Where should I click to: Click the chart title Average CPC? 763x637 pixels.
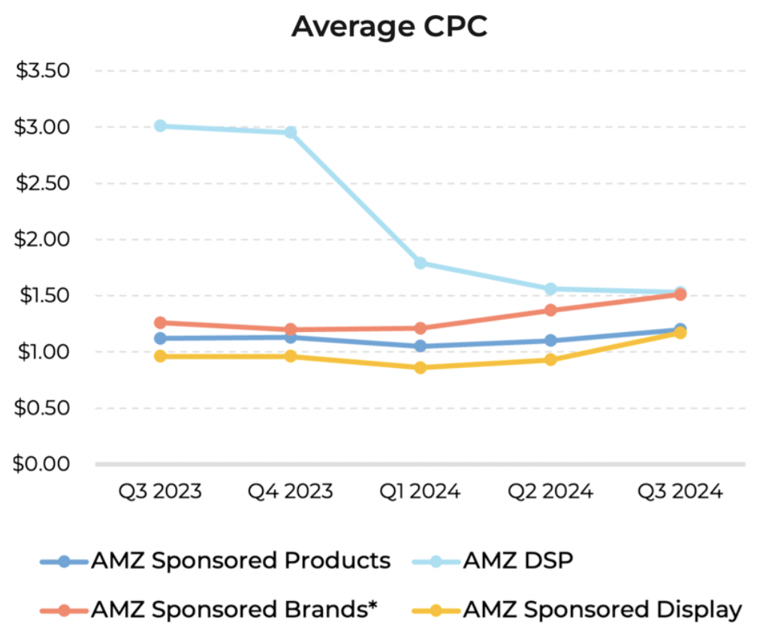click(389, 26)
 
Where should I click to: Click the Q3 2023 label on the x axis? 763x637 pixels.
click(160, 491)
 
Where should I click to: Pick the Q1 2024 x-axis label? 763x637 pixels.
click(420, 491)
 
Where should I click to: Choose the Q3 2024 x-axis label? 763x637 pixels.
click(680, 491)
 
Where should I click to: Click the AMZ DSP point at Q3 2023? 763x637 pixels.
click(160, 126)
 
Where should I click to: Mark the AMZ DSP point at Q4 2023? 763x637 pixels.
click(290, 132)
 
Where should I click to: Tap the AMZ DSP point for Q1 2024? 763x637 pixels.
click(421, 263)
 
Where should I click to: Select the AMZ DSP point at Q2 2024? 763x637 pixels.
click(550, 288)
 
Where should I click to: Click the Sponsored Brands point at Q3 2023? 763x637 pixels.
click(160, 323)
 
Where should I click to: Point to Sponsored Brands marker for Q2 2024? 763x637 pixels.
click(550, 310)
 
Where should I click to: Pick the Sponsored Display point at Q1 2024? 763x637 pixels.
click(421, 367)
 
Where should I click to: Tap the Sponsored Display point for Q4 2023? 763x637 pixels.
click(290, 356)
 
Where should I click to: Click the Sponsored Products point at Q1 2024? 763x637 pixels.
click(421, 346)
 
